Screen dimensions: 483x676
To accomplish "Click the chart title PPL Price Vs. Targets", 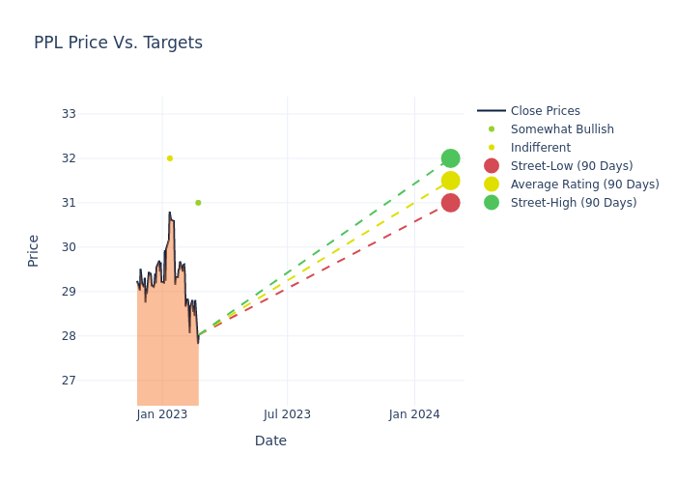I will (x=118, y=43).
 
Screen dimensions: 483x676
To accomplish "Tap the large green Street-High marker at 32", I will (x=450, y=158).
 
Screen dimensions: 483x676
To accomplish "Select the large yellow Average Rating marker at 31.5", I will (x=450, y=181).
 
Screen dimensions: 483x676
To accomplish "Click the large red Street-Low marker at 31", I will (x=450, y=203).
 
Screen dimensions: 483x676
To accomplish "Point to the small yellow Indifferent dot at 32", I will (x=170, y=158).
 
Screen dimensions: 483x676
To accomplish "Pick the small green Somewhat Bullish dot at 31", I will (x=198, y=203).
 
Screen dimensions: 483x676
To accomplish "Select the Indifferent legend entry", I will (x=540, y=148).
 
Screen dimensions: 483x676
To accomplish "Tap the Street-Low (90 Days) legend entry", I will (x=571, y=166).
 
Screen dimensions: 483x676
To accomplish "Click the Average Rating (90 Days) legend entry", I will (x=584, y=185).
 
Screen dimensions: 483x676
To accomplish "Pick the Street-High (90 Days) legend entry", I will (x=573, y=203).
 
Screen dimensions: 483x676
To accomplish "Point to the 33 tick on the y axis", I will (x=69, y=114).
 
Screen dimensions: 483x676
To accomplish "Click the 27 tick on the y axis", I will (x=69, y=381).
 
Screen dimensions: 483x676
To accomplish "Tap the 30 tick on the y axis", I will (x=69, y=247).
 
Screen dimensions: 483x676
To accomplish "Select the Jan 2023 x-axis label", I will (x=162, y=414).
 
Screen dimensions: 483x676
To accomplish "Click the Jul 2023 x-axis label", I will (x=288, y=414).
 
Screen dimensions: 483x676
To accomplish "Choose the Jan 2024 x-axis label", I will (x=414, y=414).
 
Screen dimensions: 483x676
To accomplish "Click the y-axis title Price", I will (x=34, y=250).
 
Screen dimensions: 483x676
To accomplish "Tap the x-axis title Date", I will (x=270, y=441).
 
